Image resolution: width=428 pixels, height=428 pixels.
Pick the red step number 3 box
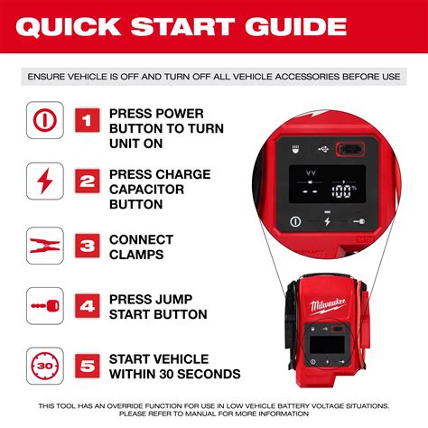point(86,245)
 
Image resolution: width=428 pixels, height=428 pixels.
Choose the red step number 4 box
point(86,305)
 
